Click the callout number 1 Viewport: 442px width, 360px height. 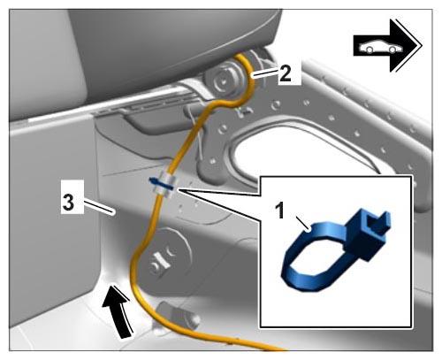(280, 210)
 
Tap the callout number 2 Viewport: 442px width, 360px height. (286, 73)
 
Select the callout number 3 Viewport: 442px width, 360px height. (69, 203)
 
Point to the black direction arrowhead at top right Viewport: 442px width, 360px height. (406, 46)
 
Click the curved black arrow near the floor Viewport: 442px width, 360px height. (118, 310)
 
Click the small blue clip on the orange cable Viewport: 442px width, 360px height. (161, 184)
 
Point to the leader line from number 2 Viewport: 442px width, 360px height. (265, 73)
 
